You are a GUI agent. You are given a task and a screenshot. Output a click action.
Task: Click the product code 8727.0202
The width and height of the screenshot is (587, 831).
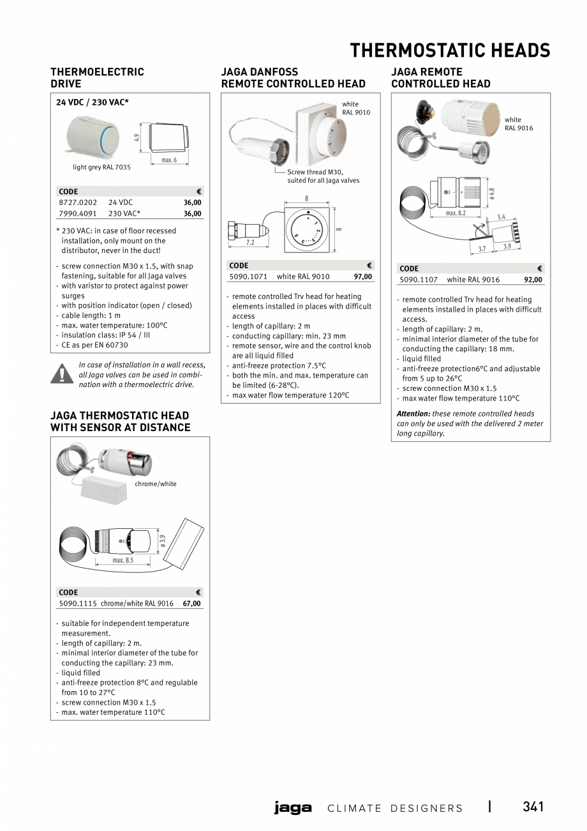pyautogui.click(x=78, y=202)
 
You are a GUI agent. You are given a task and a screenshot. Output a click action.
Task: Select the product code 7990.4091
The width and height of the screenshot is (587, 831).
pyautogui.click(x=78, y=214)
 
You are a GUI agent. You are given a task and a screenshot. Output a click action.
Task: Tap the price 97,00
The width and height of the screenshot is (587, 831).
pyautogui.click(x=363, y=277)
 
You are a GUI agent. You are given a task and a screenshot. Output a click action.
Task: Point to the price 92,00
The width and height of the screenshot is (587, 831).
pyautogui.click(x=533, y=280)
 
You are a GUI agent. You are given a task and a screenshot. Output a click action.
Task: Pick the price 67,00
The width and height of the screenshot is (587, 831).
pyautogui.click(x=191, y=604)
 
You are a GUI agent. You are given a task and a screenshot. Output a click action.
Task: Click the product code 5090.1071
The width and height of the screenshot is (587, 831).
pyautogui.click(x=248, y=277)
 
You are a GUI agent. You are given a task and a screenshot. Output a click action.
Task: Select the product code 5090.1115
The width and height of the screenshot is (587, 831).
pyautogui.click(x=78, y=604)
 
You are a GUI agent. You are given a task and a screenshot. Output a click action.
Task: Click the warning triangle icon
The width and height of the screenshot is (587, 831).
pyautogui.click(x=62, y=373)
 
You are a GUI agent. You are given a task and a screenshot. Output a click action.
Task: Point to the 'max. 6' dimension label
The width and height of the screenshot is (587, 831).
pyautogui.click(x=169, y=160)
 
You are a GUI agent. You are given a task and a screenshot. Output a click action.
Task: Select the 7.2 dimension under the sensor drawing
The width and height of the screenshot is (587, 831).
pyautogui.click(x=250, y=243)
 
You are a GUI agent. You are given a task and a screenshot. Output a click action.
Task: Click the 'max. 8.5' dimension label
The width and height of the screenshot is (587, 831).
pyautogui.click(x=123, y=560)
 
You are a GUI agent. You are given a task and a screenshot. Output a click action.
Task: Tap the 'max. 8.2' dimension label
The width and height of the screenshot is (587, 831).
pyautogui.click(x=456, y=213)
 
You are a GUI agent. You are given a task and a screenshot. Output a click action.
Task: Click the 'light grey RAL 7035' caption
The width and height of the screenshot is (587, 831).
pyautogui.click(x=101, y=167)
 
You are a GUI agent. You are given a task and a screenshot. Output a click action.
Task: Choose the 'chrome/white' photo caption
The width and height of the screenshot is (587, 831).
pyautogui.click(x=156, y=484)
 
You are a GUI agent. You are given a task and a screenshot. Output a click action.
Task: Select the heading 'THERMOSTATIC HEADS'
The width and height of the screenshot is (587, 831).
pyautogui.click(x=450, y=50)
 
